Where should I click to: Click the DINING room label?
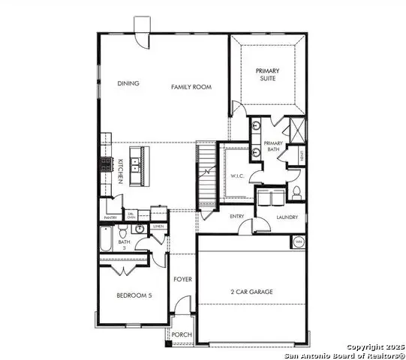[x=128, y=85]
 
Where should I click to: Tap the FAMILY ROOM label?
[x=191, y=87]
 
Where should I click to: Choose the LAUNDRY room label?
[x=287, y=217]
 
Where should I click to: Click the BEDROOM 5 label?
[x=134, y=295]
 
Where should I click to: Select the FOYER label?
[x=182, y=279]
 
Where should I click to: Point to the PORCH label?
[x=181, y=335]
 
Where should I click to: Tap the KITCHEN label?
[x=120, y=172]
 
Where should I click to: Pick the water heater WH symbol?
[x=298, y=242]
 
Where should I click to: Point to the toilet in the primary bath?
[x=296, y=192]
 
